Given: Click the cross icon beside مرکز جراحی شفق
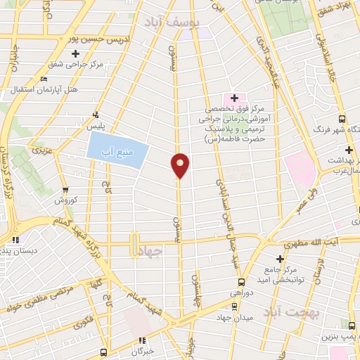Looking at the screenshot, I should point(75,53).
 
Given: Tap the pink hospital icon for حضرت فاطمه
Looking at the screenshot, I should point(234,97).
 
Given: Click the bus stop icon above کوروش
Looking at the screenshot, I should point(65,189).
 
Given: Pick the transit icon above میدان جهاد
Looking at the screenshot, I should point(234,306).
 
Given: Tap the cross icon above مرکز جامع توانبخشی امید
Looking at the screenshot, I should point(279,260).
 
